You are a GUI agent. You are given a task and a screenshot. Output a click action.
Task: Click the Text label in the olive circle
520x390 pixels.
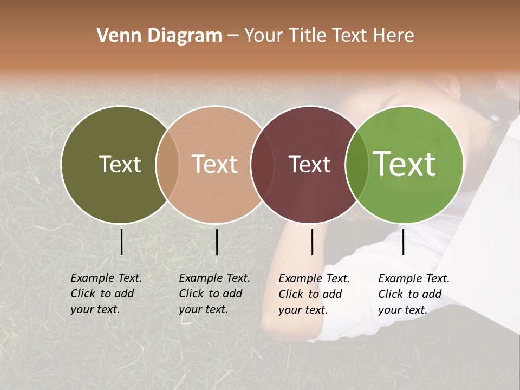tap(120, 164)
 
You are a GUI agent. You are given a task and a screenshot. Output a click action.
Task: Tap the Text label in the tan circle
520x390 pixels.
tap(214, 164)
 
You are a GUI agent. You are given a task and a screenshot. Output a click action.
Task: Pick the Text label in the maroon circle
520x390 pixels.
tap(309, 164)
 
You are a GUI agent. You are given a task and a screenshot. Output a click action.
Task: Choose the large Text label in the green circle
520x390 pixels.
tap(405, 164)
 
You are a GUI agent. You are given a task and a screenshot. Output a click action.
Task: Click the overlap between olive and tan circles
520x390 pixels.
tap(167, 164)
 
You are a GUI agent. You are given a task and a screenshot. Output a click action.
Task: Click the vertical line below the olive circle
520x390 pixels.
tap(122, 242)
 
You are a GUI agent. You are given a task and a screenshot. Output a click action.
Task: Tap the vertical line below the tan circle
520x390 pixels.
tap(217, 242)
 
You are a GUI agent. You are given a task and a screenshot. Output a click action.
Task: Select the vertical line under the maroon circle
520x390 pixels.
tap(312, 242)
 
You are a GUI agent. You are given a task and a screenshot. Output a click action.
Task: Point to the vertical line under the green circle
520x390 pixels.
tap(403, 242)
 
